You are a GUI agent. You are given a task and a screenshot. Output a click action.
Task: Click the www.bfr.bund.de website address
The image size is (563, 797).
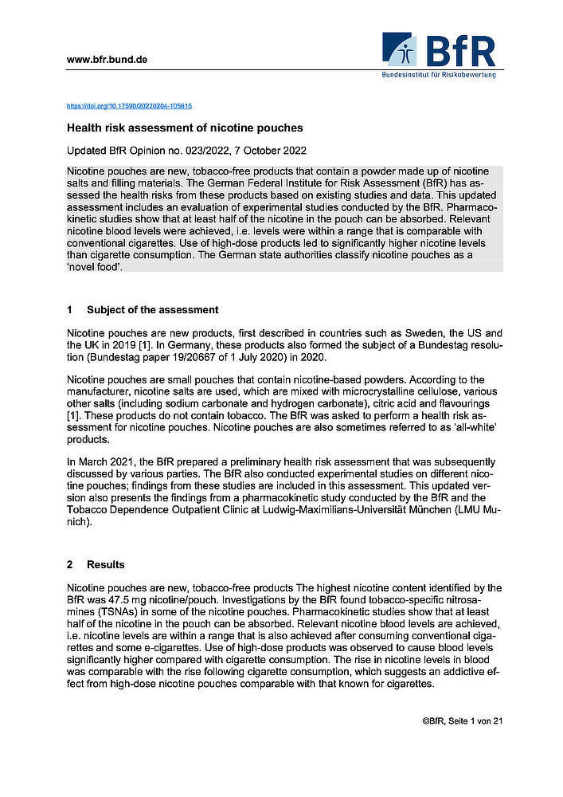(107, 60)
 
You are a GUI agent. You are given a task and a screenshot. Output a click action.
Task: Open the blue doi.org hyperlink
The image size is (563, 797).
(128, 105)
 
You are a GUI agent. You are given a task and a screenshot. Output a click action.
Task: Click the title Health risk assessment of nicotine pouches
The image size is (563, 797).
(184, 128)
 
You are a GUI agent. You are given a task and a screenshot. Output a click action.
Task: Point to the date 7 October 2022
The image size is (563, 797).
(268, 151)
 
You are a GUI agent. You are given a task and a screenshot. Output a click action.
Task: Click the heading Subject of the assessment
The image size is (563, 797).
(152, 309)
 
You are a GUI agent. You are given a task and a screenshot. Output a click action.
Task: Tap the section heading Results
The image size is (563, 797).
(105, 564)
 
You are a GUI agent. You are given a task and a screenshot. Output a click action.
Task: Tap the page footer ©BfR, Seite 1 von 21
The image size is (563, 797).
(463, 721)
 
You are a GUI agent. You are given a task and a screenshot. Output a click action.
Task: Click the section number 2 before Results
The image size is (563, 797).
(70, 564)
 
